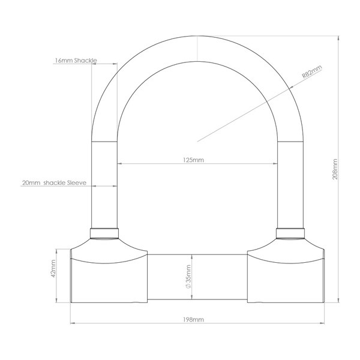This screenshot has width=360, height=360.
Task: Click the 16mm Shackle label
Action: click(x=75, y=61)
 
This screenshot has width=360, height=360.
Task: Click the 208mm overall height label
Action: click(x=335, y=169)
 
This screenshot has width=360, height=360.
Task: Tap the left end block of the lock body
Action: click(x=109, y=276)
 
